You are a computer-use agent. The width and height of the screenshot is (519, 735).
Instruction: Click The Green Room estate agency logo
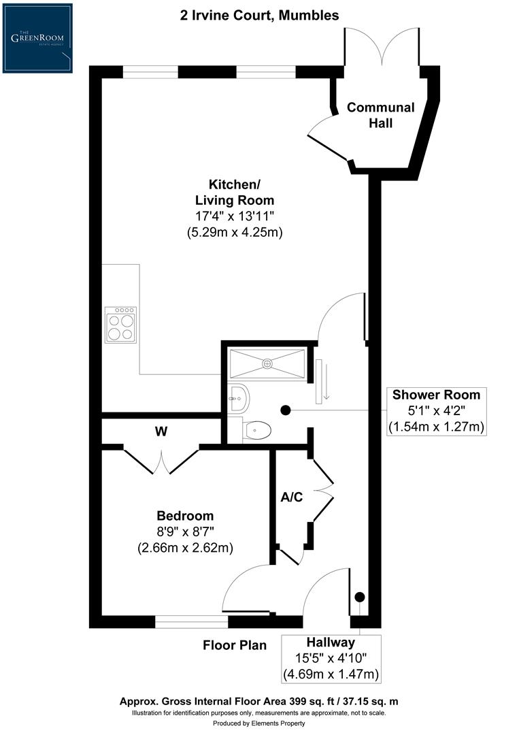tap(37, 38)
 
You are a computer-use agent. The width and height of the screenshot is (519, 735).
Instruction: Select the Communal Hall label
tap(380, 115)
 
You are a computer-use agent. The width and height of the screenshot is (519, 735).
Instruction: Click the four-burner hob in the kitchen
tap(120, 325)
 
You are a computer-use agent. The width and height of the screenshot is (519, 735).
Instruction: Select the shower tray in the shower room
tap(267, 362)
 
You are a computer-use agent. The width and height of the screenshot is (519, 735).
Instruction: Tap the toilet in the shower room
tap(256, 430)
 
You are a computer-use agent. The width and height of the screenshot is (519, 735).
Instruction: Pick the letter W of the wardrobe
tap(161, 431)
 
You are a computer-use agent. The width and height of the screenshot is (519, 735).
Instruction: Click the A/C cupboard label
tap(292, 497)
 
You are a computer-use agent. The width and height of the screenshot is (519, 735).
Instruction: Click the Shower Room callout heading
tap(436, 395)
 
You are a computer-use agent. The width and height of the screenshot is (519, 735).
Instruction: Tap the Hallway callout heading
tap(331, 642)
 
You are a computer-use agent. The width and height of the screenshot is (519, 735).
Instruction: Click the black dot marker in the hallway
tap(360, 597)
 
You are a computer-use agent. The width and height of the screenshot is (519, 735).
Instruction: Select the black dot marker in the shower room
tap(286, 410)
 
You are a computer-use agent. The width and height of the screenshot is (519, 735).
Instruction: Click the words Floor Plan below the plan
tap(235, 645)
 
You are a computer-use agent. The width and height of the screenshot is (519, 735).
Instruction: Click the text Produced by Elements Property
tap(259, 723)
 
